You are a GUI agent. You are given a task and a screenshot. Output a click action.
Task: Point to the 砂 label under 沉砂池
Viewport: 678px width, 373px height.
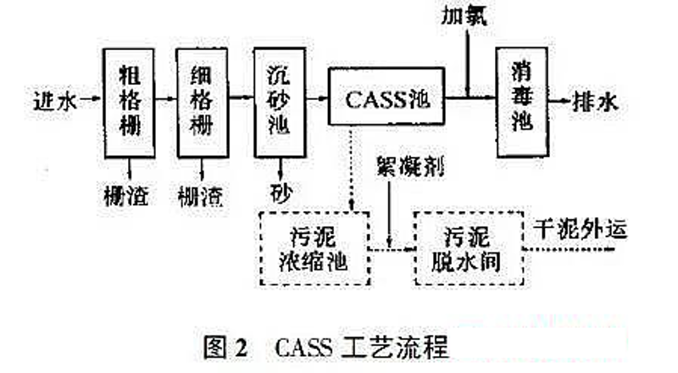pos(276,188)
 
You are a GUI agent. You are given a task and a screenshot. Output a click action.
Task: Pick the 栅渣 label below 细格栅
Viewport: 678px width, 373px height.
pos(201,197)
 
